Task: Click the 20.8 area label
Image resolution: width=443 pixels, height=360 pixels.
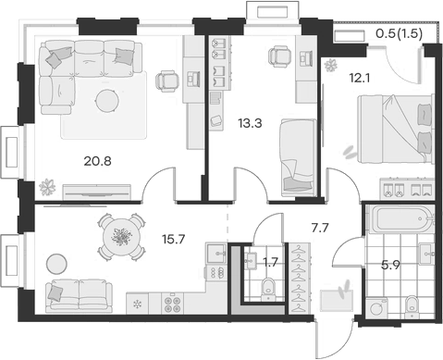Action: (x=96, y=160)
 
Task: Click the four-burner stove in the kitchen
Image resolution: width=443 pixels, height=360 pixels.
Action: (x=173, y=303)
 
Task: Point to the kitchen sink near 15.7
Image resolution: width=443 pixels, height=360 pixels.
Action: (x=215, y=251)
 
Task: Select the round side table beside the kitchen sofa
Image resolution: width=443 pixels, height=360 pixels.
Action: (x=56, y=261)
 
